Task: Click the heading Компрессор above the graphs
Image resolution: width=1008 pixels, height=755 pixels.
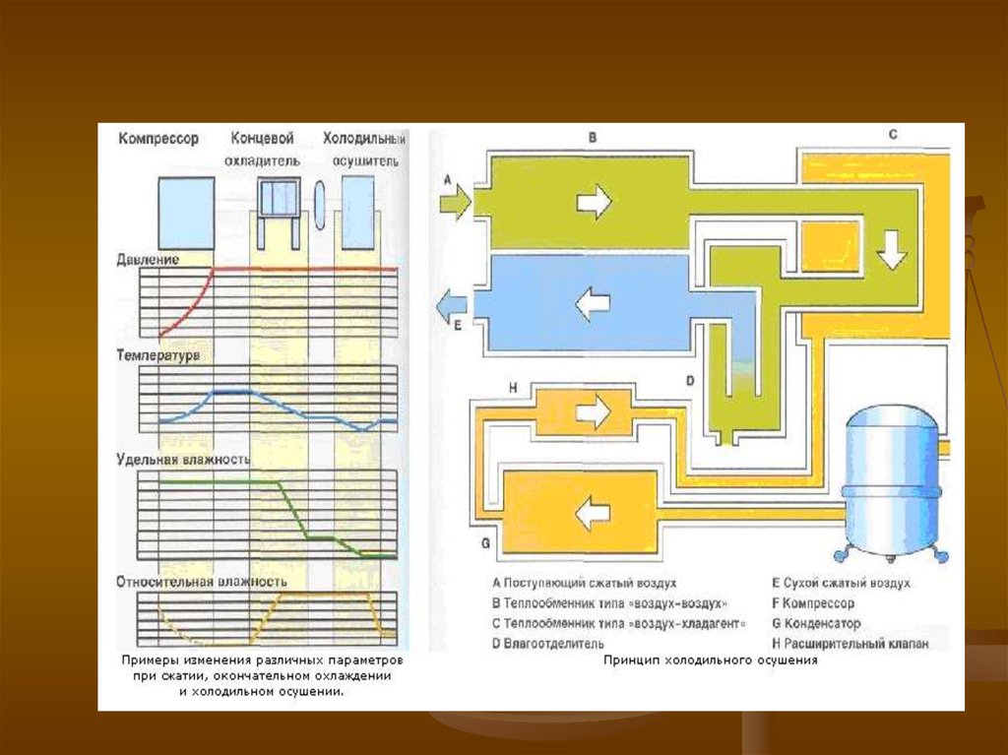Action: tap(158, 139)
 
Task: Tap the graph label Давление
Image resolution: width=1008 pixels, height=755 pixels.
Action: tap(148, 260)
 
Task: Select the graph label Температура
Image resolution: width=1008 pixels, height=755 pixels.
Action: tap(158, 354)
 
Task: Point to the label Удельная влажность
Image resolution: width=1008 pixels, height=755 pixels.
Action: tap(183, 460)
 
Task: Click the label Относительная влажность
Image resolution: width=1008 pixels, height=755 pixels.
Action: tap(202, 581)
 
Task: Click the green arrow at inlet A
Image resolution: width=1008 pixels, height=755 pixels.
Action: tap(455, 202)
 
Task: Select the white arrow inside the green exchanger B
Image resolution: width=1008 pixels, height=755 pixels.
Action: tap(594, 202)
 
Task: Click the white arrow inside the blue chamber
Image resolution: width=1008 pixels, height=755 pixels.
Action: tap(593, 302)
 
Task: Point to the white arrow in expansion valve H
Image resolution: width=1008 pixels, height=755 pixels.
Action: tap(593, 411)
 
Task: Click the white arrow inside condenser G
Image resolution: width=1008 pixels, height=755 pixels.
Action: tap(593, 512)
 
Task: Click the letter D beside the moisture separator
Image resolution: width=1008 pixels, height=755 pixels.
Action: tap(690, 380)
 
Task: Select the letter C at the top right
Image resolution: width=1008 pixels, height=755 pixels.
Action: tap(892, 134)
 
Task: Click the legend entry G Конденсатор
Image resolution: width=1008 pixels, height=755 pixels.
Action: tap(816, 623)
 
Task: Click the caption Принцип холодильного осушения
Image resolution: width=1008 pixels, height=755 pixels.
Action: tap(711, 661)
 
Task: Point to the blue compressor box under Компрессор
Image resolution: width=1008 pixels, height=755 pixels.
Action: tap(186, 212)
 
